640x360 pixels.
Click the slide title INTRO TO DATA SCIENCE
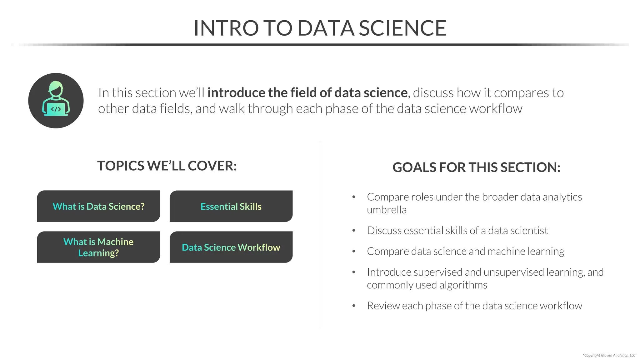coord(320,28)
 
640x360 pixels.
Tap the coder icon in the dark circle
coord(56,101)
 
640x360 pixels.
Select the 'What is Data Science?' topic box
coord(98,206)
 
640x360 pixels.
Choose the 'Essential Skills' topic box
coord(231,206)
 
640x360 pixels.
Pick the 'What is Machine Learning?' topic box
coord(98,247)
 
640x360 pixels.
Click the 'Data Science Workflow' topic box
coord(231,247)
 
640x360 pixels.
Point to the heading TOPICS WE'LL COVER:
coord(167,166)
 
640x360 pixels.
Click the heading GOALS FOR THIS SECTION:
coord(476,167)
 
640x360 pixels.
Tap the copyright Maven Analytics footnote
coord(609,355)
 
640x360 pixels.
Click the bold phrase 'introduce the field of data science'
coord(307,93)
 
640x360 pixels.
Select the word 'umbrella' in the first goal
coord(387,210)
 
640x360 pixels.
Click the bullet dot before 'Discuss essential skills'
coord(354,231)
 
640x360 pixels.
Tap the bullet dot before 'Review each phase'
coord(354,306)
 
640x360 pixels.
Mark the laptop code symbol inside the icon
coord(56,109)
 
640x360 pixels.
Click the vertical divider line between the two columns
coord(320,234)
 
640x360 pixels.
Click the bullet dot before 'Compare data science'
coord(354,251)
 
